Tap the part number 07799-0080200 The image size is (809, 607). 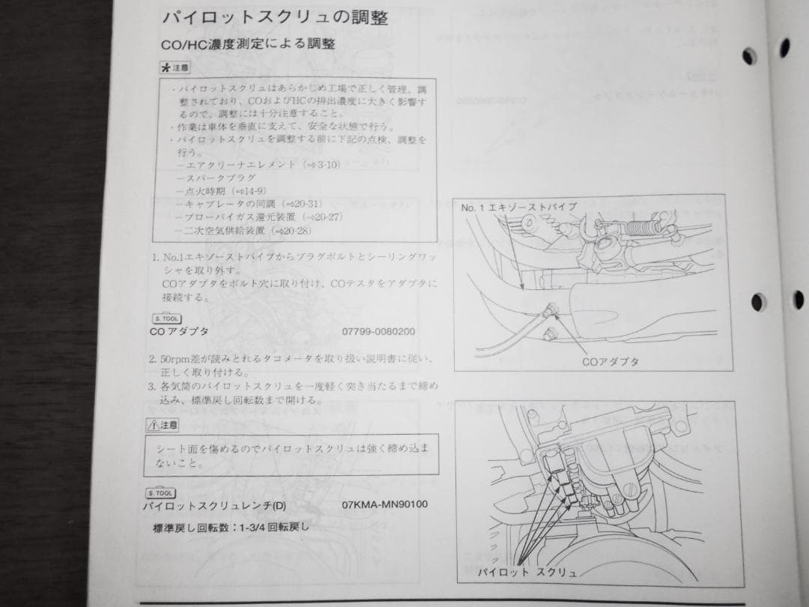(x=378, y=330)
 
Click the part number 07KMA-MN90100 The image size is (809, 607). (x=384, y=504)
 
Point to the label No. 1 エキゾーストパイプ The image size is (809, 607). (x=518, y=207)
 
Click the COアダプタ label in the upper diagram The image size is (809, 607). (x=610, y=361)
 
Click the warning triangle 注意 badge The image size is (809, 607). (x=163, y=425)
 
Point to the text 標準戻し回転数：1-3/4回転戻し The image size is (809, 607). (x=231, y=527)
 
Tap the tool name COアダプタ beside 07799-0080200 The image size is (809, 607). (x=179, y=330)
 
